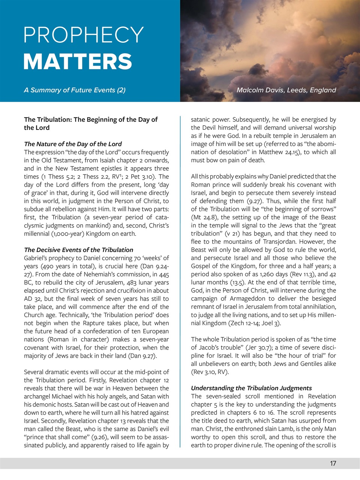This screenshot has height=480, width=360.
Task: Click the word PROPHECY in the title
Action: [84, 35]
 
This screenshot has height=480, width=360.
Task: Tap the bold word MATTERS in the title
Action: [78, 62]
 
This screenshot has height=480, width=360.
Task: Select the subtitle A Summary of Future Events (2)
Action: [75, 90]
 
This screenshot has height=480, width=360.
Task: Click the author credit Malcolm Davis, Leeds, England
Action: [286, 90]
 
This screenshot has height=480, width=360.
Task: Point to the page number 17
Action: [333, 463]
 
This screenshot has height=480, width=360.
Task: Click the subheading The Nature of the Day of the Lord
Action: [73, 144]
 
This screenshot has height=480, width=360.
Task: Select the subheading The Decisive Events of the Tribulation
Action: [78, 250]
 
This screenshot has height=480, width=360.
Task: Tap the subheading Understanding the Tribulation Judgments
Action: [251, 388]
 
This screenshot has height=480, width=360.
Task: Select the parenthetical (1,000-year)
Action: [66, 234]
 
